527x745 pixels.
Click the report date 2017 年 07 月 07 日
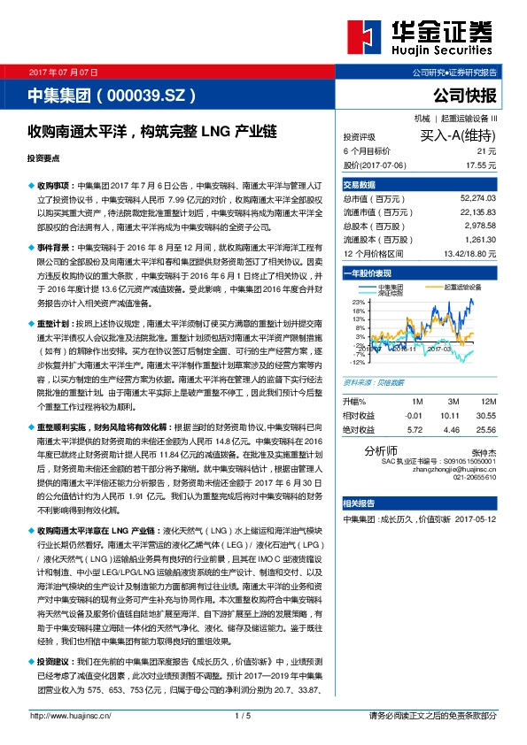click(64, 71)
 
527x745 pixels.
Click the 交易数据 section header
click(359, 185)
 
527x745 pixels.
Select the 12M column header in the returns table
click(486, 377)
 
